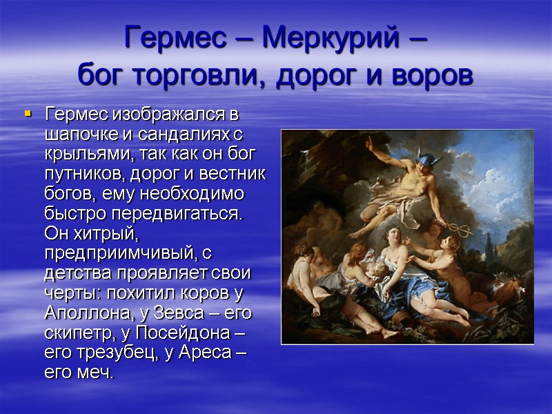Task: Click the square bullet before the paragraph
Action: coord(28,112)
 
